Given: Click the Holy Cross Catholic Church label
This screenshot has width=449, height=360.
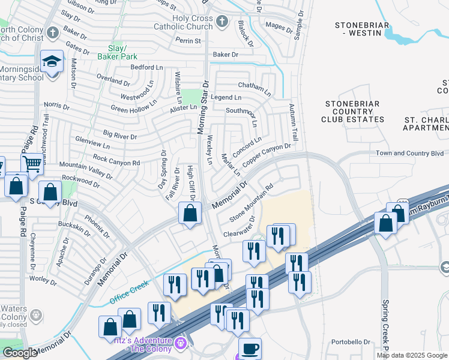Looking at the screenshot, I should pos(193,22).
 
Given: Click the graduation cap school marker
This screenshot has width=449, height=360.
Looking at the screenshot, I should pos(52,61).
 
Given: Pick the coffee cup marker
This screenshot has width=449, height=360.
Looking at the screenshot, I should pos(250,349).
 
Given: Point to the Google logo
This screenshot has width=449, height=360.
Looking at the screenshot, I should pos(20,353).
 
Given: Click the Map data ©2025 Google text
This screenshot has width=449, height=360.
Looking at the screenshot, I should pos(412,355).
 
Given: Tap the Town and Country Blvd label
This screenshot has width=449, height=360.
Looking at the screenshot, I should pos(410,154).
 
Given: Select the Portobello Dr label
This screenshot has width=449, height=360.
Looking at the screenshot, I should pos(352,343).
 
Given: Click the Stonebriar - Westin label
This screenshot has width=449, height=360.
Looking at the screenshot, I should pos(362,29).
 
